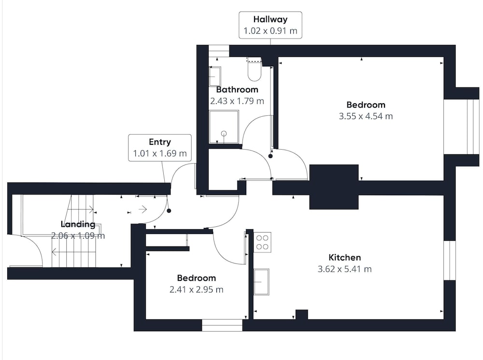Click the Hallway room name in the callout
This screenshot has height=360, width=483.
pyautogui.click(x=270, y=19)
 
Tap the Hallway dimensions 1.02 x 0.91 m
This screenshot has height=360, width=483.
pyautogui.click(x=270, y=31)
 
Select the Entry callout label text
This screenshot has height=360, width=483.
pyautogui.click(x=160, y=142)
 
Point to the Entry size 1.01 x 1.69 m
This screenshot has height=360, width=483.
pyautogui.click(x=160, y=153)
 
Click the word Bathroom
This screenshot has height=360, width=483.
pyautogui.click(x=237, y=90)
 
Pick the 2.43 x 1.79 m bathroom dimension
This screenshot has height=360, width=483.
pyautogui.click(x=237, y=101)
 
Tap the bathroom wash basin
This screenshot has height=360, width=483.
pyautogui.click(x=215, y=76)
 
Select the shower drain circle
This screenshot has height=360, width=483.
pyautogui.click(x=224, y=134)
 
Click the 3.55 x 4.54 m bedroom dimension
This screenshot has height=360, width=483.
pyautogui.click(x=366, y=116)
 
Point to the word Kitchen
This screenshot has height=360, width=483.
pyautogui.click(x=345, y=258)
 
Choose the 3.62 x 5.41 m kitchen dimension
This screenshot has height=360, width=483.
pyautogui.click(x=345, y=269)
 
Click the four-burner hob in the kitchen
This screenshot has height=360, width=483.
pyautogui.click(x=262, y=242)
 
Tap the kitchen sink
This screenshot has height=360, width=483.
pyautogui.click(x=261, y=282)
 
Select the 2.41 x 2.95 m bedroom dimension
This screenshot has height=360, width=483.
pyautogui.click(x=197, y=290)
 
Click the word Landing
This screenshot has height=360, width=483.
pyautogui.click(x=78, y=224)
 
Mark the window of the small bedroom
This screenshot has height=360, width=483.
pyautogui.click(x=222, y=325)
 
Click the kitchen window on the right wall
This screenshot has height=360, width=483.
pyautogui.click(x=450, y=261)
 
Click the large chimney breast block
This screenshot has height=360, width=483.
pyautogui.click(x=334, y=187)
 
